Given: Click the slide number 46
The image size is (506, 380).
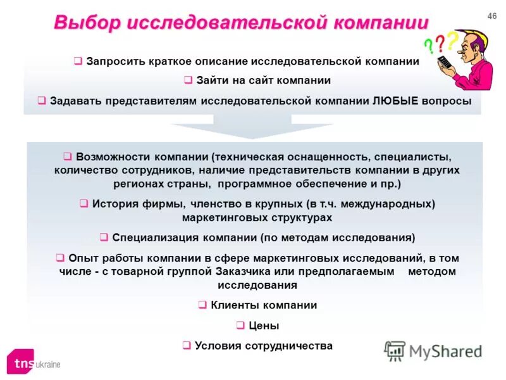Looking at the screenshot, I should point(492,16).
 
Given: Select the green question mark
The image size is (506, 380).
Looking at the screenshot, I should point(429,45).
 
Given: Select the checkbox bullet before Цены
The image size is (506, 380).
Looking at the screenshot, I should point(240,326).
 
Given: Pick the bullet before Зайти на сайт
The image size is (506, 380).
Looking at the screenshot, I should point(188,80).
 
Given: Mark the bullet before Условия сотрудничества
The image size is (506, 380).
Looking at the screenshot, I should point(187,346).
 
